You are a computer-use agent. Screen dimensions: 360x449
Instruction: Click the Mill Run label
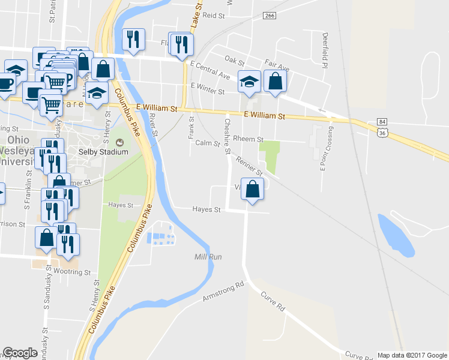208,257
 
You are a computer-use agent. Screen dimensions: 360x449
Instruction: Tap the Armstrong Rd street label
224,290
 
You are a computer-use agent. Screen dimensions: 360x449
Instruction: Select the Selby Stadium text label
104,152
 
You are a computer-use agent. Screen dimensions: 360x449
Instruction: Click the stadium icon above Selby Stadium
118,142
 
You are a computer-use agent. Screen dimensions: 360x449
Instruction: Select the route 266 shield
269,16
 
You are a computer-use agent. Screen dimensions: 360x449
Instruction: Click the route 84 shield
382,122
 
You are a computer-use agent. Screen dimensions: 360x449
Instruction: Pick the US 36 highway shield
382,133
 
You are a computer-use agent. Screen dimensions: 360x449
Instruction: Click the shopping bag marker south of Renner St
253,189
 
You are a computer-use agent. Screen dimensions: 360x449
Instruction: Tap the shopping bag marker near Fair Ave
275,81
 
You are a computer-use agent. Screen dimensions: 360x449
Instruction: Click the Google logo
20,353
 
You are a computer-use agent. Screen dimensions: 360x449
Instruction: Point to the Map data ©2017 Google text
412,355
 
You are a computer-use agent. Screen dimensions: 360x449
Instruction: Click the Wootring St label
72,272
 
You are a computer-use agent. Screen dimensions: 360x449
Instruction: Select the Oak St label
235,61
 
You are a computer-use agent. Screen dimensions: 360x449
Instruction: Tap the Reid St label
213,15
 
